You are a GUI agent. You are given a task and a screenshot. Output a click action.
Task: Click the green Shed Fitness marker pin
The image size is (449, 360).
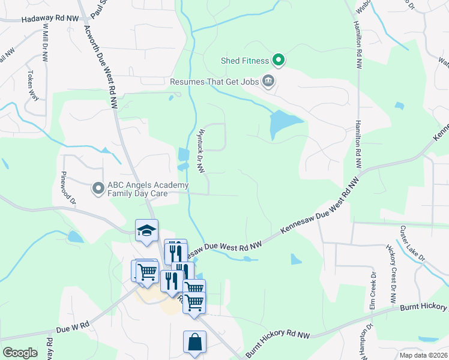278,60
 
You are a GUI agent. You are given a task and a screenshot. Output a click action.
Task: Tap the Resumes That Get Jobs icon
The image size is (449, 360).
268,80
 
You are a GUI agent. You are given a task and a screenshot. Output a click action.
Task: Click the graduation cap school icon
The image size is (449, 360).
146,230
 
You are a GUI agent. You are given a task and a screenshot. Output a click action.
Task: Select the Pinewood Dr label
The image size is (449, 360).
68,188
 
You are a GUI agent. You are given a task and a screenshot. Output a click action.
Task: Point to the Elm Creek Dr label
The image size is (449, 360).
373,291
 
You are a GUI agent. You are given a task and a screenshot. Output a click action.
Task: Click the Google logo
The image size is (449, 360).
20,353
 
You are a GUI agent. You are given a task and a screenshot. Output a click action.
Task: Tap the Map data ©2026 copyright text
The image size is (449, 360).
423,355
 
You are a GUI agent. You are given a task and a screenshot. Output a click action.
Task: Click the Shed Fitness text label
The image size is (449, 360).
245,61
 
